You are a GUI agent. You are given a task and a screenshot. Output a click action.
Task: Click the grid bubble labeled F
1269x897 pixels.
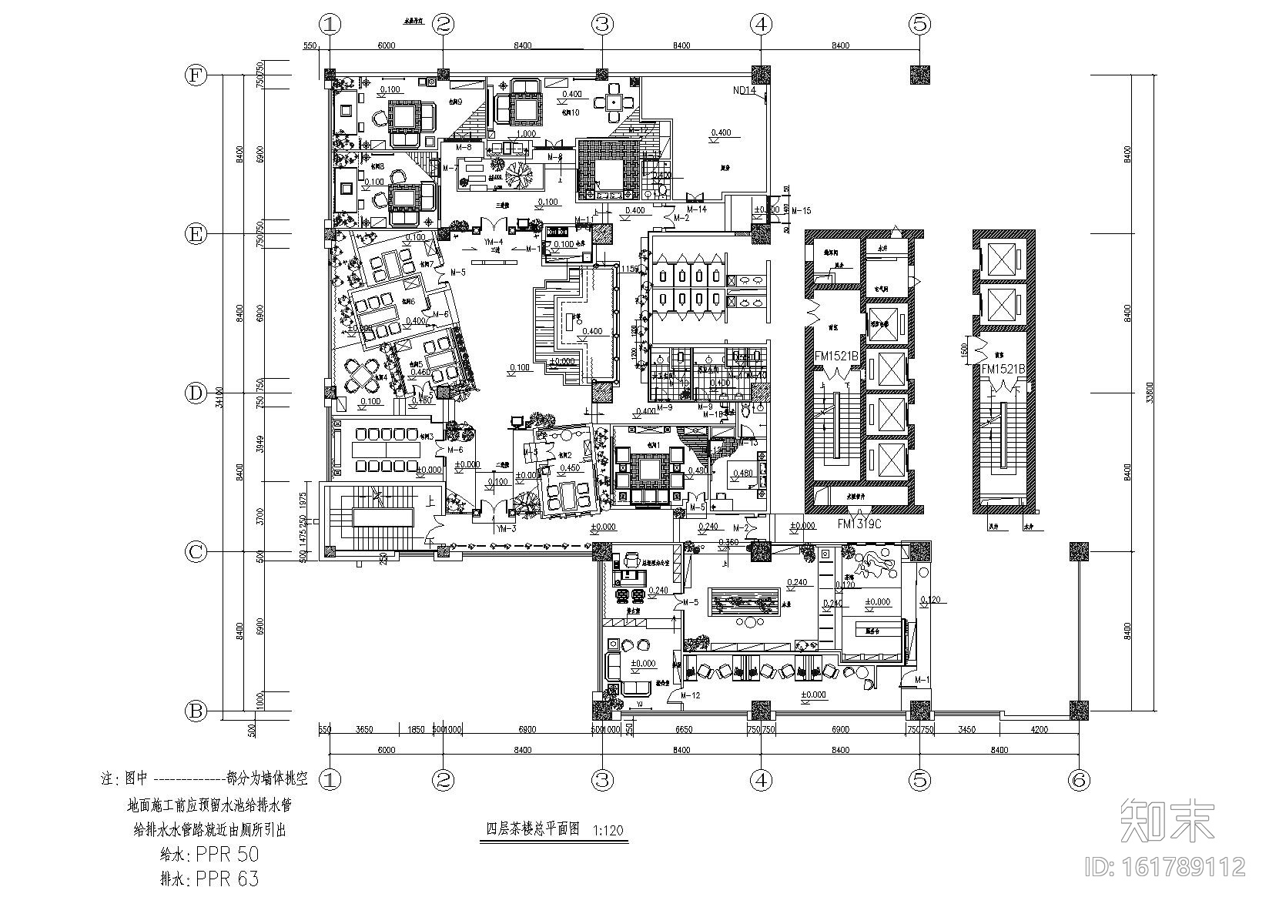click(x=196, y=75)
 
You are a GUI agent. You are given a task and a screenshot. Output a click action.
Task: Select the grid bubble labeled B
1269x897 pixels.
click(x=196, y=711)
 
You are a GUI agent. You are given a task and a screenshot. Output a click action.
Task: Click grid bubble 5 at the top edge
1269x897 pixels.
click(x=919, y=24)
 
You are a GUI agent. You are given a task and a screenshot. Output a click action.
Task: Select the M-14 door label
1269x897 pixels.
click(x=696, y=209)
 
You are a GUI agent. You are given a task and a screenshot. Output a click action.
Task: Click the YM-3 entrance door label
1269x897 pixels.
click(x=505, y=528)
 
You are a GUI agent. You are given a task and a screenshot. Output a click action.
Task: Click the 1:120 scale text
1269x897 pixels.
click(x=609, y=831)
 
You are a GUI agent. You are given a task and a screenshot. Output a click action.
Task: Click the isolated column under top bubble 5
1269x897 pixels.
click(x=919, y=75)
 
